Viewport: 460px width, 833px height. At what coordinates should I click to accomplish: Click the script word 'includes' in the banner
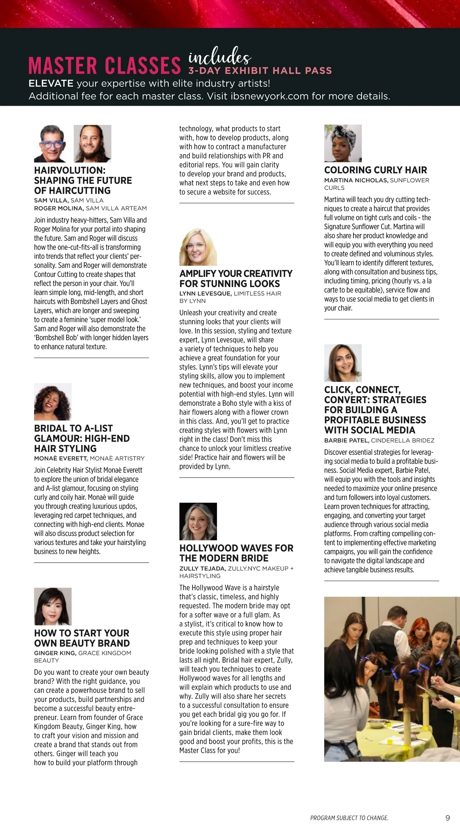coord(220,57)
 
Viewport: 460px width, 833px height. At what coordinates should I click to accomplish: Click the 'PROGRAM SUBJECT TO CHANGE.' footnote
coord(349,818)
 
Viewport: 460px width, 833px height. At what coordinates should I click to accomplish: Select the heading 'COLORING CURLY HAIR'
coord(375,170)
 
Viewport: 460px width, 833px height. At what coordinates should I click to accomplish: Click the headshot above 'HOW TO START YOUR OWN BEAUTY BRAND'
coord(53,607)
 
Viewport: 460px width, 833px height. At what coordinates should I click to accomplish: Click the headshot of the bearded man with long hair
coord(92,144)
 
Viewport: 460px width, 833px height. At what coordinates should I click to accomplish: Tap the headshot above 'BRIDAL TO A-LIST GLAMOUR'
coord(53,402)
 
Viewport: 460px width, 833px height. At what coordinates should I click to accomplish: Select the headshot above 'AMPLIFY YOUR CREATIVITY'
coord(198,247)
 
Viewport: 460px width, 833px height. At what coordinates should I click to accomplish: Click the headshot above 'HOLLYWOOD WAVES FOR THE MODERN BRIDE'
coord(198,521)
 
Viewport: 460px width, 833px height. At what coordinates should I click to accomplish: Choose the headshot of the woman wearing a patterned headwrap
coord(343,144)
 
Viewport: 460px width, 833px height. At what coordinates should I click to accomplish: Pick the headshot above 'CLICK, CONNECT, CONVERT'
coord(343,363)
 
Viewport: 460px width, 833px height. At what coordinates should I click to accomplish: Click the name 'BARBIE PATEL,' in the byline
coord(347,440)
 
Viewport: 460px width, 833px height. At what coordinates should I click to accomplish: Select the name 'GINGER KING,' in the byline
coord(55,653)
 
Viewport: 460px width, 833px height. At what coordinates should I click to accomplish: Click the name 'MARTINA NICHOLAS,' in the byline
coord(356,180)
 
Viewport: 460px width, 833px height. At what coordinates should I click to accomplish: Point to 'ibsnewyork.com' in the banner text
coord(269,96)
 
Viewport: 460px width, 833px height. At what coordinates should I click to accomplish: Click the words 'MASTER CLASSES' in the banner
coord(105,65)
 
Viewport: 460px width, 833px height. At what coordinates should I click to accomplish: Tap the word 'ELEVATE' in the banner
coord(51,83)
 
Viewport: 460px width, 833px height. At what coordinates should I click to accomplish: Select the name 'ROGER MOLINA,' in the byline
coord(59,208)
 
